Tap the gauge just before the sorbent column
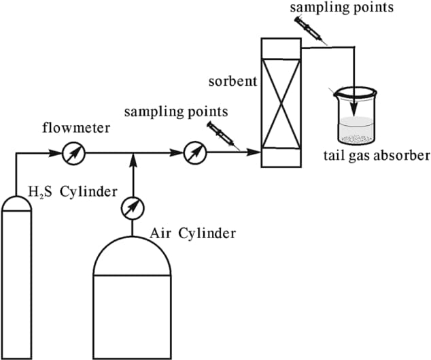pyautogui.click(x=195, y=154)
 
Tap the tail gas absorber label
pyautogui.click(x=376, y=156)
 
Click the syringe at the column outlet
pyautogui.click(x=312, y=30)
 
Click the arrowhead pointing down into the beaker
pyautogui.click(x=354, y=103)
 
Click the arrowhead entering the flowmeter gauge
pyautogui.click(x=56, y=154)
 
